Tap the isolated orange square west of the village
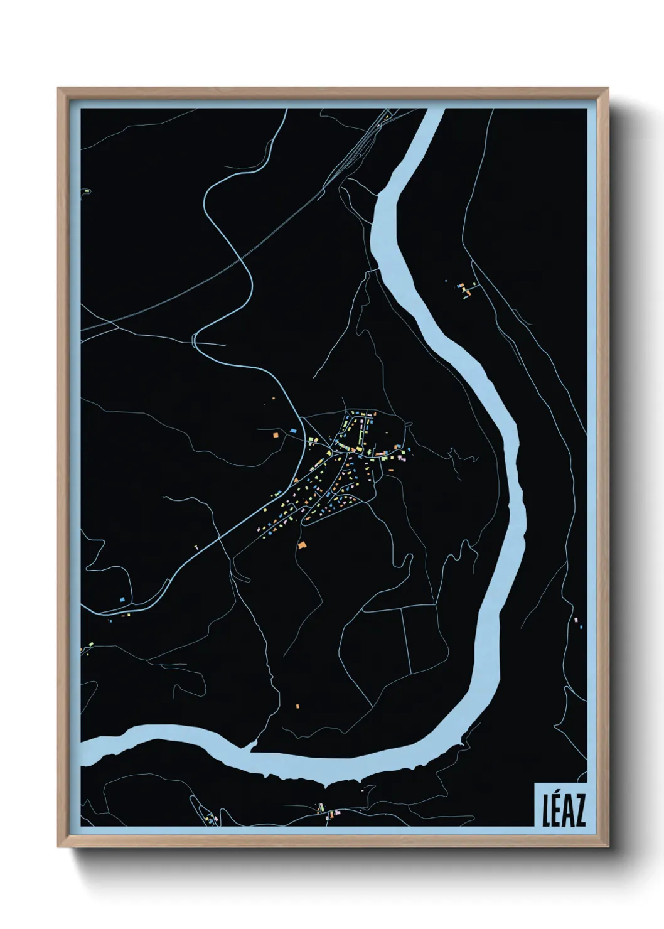coord(276,434)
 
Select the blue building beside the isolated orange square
coord(293,431)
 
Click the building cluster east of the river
coord(465,289)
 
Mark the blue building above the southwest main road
coord(122,600)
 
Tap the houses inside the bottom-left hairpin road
coord(210,817)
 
